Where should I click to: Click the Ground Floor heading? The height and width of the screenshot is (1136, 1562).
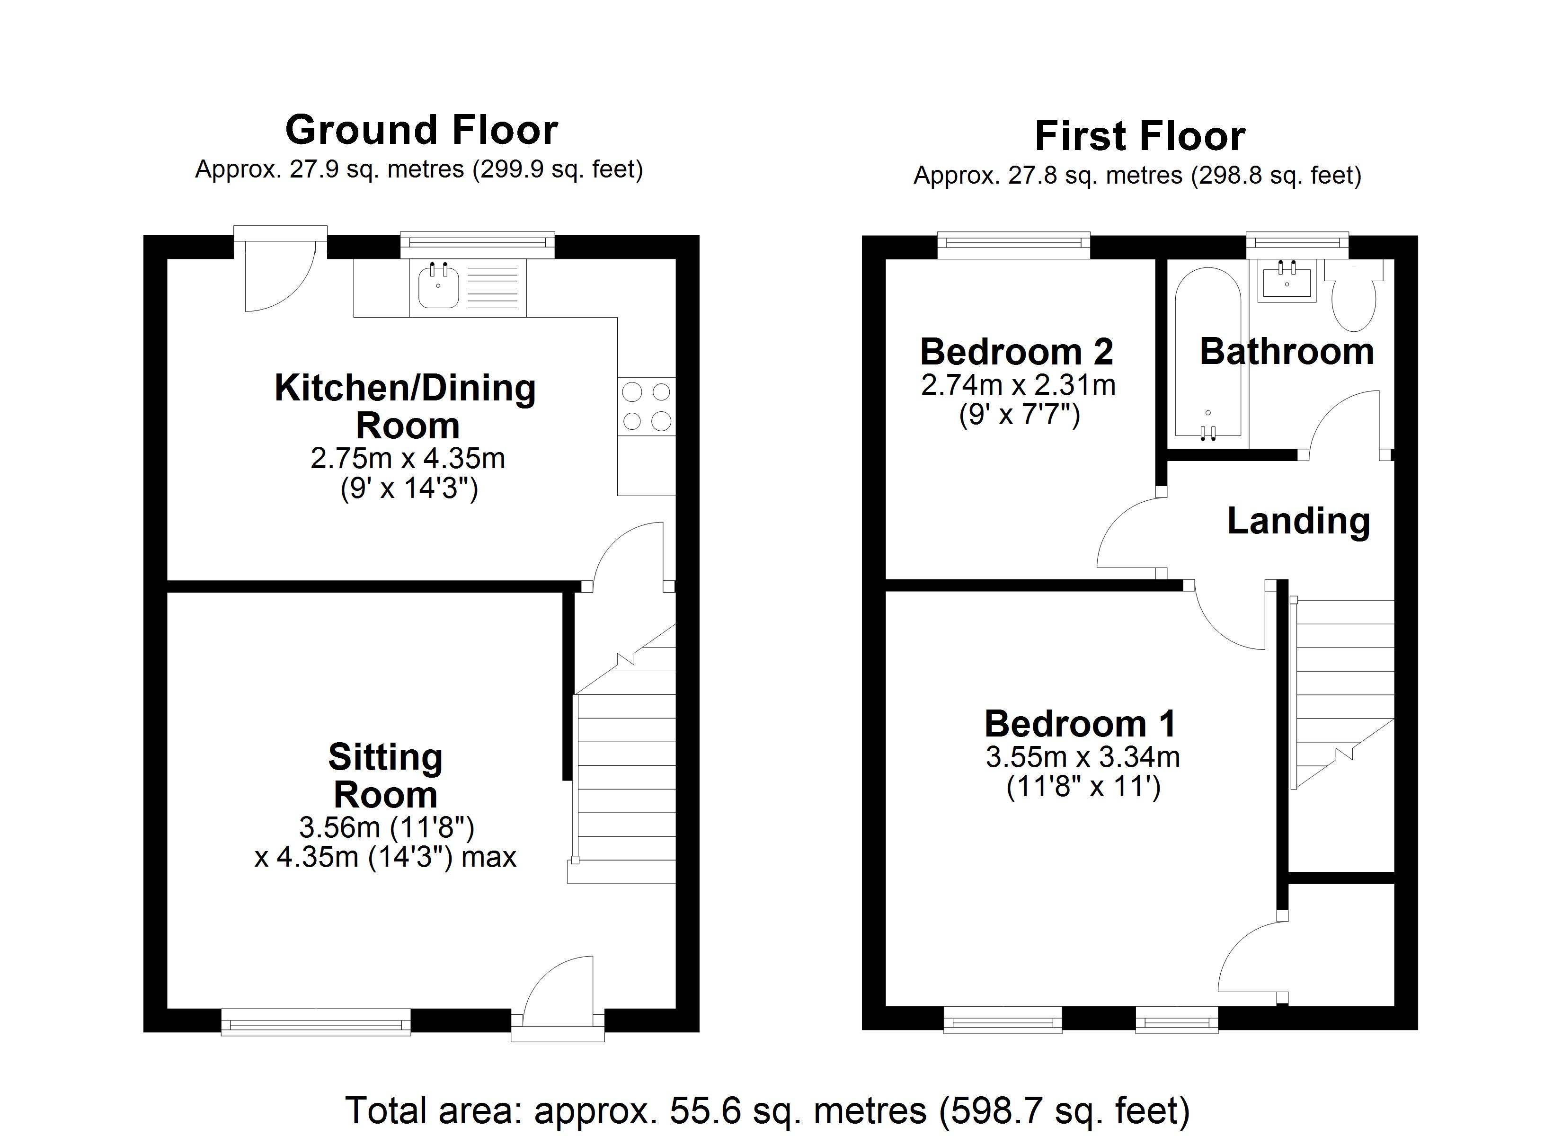[421, 130]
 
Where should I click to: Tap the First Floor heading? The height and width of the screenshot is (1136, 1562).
[1139, 136]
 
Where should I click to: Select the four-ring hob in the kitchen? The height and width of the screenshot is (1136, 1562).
[646, 407]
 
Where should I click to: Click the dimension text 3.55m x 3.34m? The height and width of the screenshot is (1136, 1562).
[1082, 757]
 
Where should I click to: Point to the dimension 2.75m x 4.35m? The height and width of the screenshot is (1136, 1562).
[407, 458]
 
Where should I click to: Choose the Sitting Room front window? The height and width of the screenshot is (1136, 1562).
[315, 1021]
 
